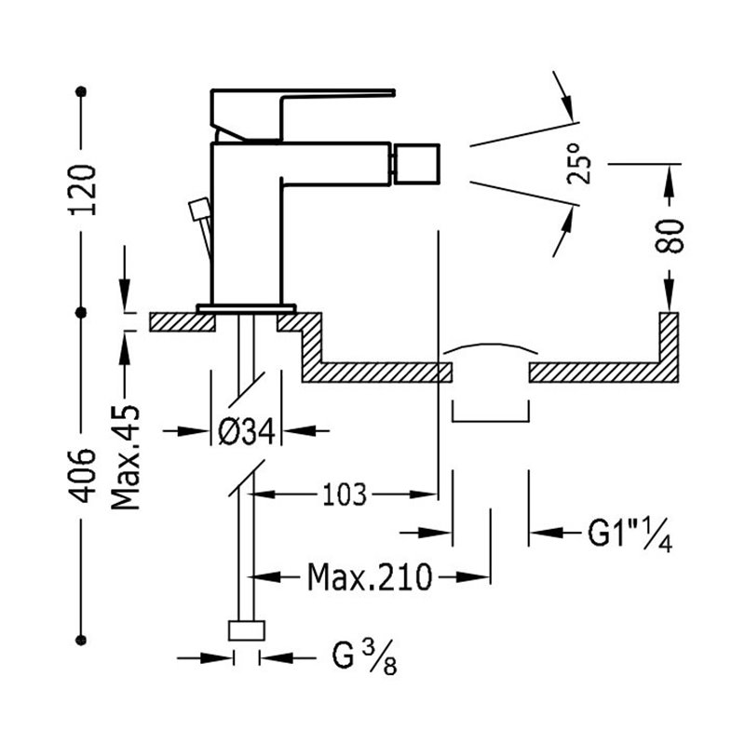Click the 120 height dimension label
tap(83, 190)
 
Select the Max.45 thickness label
tap(126, 457)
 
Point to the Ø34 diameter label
tap(246, 431)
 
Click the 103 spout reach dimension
tap(345, 494)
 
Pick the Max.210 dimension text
tap(370, 577)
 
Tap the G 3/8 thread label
tap(364, 658)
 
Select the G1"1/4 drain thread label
tap(630, 535)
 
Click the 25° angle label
tap(579, 163)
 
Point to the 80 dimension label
tap(669, 237)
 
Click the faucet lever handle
tap(303, 115)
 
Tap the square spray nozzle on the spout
tap(415, 164)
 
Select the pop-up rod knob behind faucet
tap(199, 210)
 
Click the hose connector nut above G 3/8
tap(246, 630)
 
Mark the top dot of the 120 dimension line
tap(81, 91)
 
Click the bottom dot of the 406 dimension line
tap(81, 640)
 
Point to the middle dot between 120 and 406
tap(81, 312)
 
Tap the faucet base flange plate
tap(246, 308)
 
